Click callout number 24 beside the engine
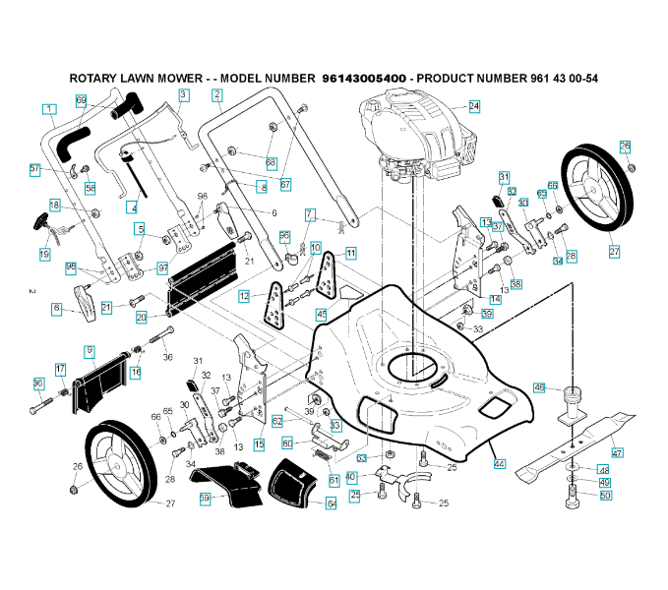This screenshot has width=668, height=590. (x=474, y=105)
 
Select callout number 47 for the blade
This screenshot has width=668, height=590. (x=618, y=452)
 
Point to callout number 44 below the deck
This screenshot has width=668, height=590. (x=500, y=462)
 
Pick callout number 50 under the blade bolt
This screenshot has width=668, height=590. (x=605, y=496)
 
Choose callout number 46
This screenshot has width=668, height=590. (x=539, y=387)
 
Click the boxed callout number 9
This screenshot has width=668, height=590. (x=90, y=351)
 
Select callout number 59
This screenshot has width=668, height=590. (x=206, y=499)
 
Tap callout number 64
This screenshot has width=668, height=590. (x=332, y=503)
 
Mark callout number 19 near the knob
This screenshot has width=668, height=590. (x=44, y=254)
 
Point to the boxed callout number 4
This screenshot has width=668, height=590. (x=133, y=207)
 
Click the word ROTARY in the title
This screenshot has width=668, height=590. (x=96, y=78)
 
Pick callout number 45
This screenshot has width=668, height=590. (x=322, y=315)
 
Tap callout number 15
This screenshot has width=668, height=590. (x=260, y=444)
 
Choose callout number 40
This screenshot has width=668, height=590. (x=350, y=477)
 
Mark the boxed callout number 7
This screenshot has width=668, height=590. (x=309, y=213)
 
